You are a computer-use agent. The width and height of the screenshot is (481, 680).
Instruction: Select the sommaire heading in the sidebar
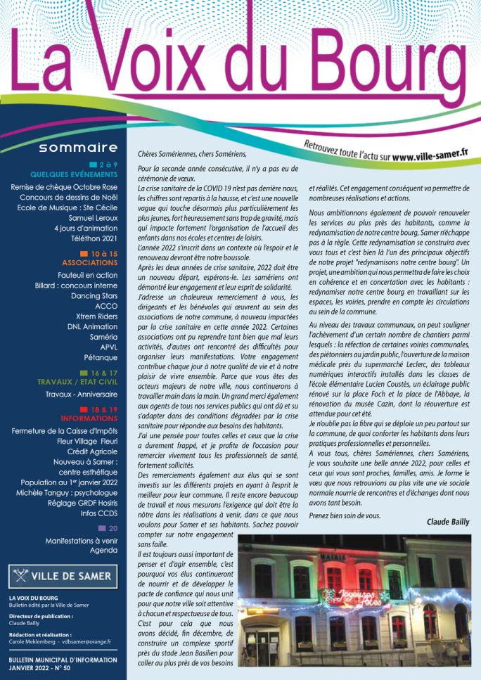[77, 148]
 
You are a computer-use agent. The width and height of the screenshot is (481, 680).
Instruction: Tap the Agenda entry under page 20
[103, 551]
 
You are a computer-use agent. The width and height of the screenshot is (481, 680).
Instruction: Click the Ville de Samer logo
[63, 577]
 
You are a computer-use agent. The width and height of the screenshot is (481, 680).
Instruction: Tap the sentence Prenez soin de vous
[344, 515]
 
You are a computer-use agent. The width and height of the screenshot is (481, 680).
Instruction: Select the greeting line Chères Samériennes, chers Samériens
[193, 152]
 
